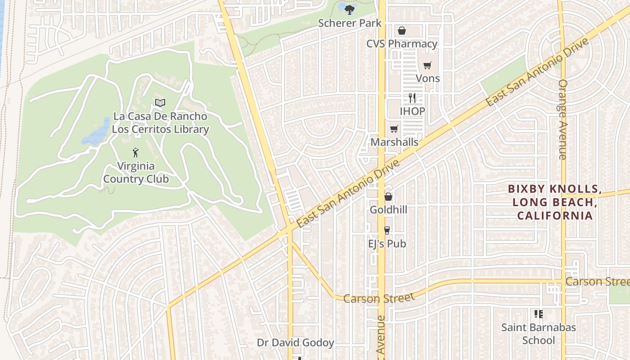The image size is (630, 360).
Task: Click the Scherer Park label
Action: (x=350, y=23)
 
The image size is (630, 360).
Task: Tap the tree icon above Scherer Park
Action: (x=350, y=9)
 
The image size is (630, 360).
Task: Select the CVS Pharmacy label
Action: (x=401, y=44)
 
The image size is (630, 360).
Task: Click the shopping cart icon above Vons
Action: (x=427, y=65)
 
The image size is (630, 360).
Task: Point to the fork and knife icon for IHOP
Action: (x=412, y=98)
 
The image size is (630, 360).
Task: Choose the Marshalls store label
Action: (x=394, y=142)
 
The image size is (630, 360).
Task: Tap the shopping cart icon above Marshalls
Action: (x=394, y=129)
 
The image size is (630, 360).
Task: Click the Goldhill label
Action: (x=388, y=210)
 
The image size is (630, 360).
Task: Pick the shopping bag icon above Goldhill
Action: (x=388, y=197)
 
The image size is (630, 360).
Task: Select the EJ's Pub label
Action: (x=387, y=243)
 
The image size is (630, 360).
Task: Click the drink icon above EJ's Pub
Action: (x=387, y=230)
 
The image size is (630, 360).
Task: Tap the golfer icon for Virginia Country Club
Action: (x=135, y=153)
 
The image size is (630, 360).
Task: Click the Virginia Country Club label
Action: (x=136, y=172)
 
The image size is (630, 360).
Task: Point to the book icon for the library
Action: (x=160, y=103)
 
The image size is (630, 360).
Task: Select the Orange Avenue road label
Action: (x=562, y=119)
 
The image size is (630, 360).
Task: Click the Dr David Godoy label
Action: (x=295, y=343)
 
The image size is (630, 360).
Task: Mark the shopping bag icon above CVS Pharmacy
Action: (x=402, y=31)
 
